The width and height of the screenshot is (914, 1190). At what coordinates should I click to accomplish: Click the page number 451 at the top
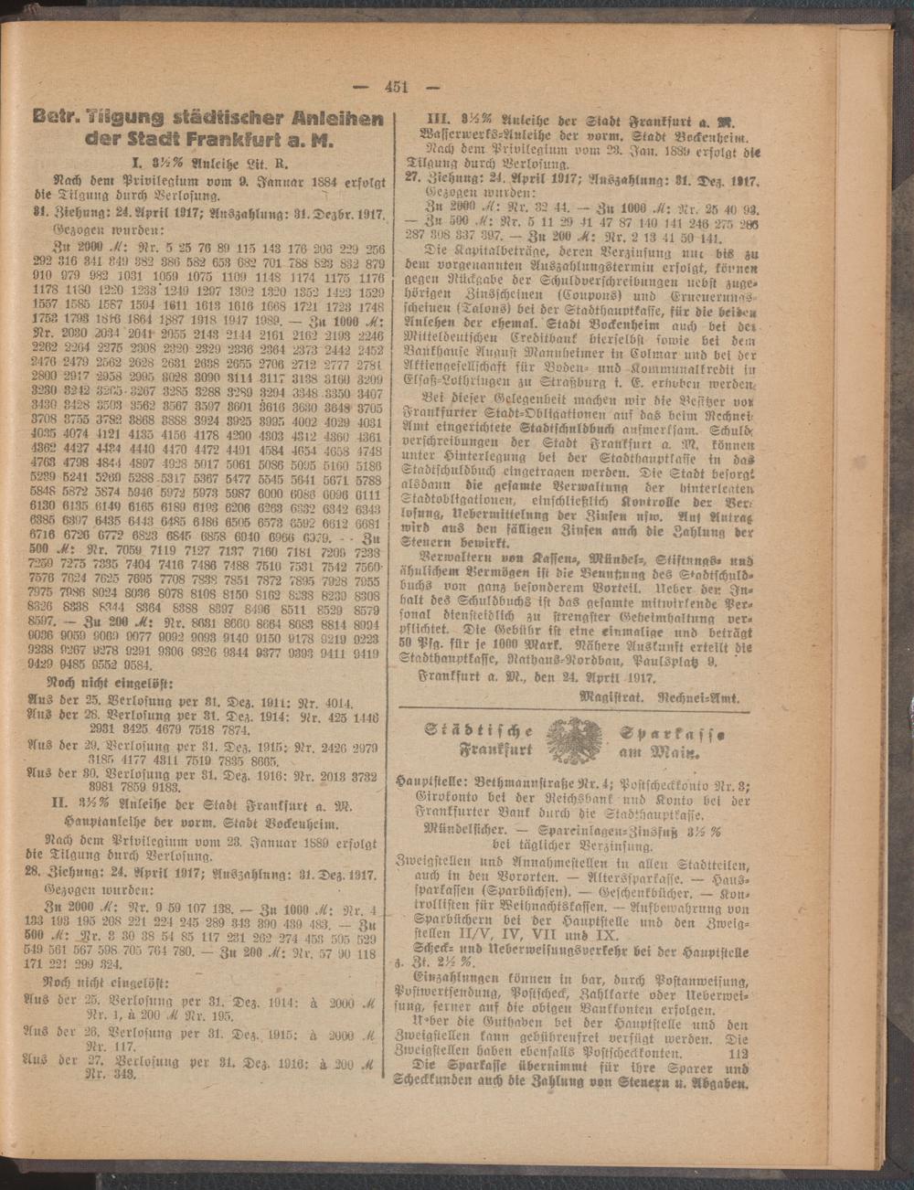[396, 88]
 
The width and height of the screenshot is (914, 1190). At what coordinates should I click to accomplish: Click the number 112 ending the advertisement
[738, 1053]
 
